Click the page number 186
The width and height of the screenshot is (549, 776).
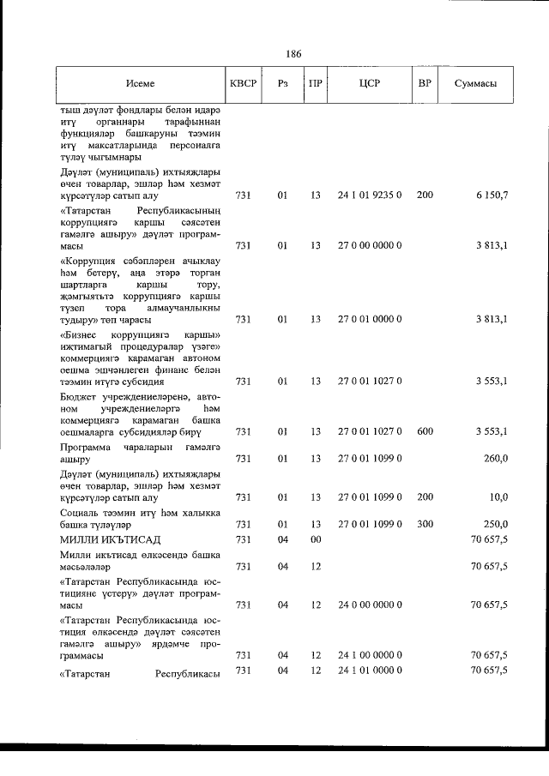click(293, 54)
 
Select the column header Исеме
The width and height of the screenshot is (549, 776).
click(140, 84)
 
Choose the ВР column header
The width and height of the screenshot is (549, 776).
click(424, 84)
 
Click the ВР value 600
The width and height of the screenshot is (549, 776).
click(425, 431)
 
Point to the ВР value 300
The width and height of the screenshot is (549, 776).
click(425, 524)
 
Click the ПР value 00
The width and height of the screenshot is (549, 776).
click(316, 538)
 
